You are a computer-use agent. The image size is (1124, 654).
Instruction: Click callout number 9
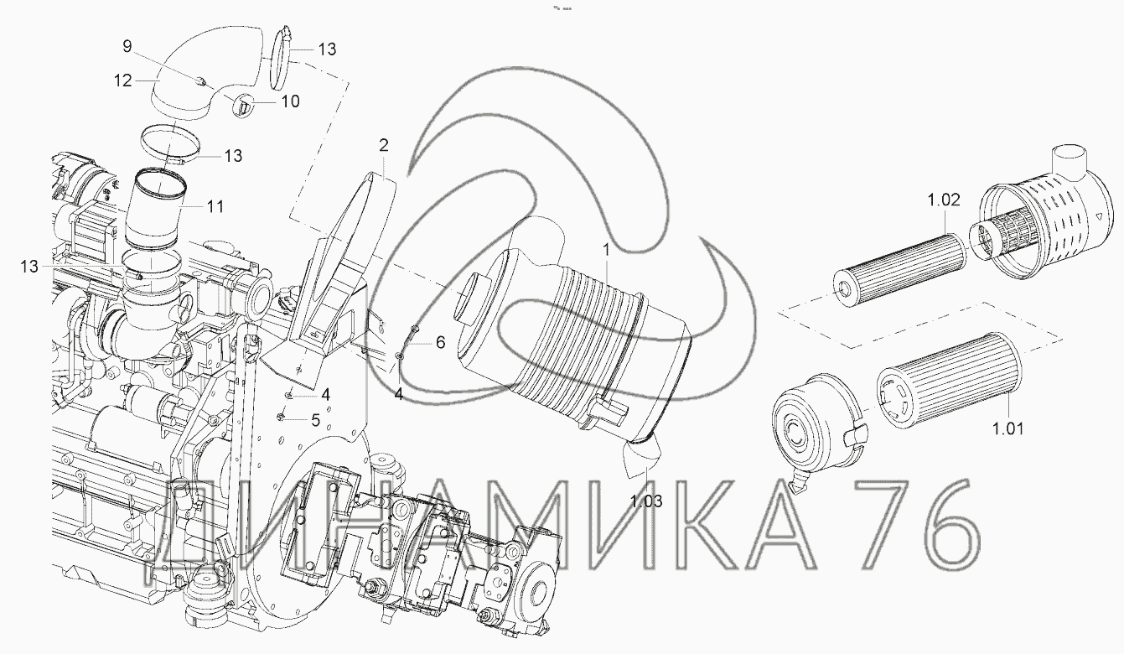(127, 46)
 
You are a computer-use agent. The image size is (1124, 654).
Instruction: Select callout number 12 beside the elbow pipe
(123, 80)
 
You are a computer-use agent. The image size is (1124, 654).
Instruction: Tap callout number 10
(290, 101)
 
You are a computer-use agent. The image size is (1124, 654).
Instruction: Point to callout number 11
(215, 206)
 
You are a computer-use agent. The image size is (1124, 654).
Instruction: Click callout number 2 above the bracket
(383, 146)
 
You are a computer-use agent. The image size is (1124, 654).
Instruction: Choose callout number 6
(440, 342)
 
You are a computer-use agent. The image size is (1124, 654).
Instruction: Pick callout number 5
(316, 420)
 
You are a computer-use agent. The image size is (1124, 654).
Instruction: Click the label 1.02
(943, 200)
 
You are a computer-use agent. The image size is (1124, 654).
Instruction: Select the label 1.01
(1008, 428)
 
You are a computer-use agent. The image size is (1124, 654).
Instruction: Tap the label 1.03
(646, 501)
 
